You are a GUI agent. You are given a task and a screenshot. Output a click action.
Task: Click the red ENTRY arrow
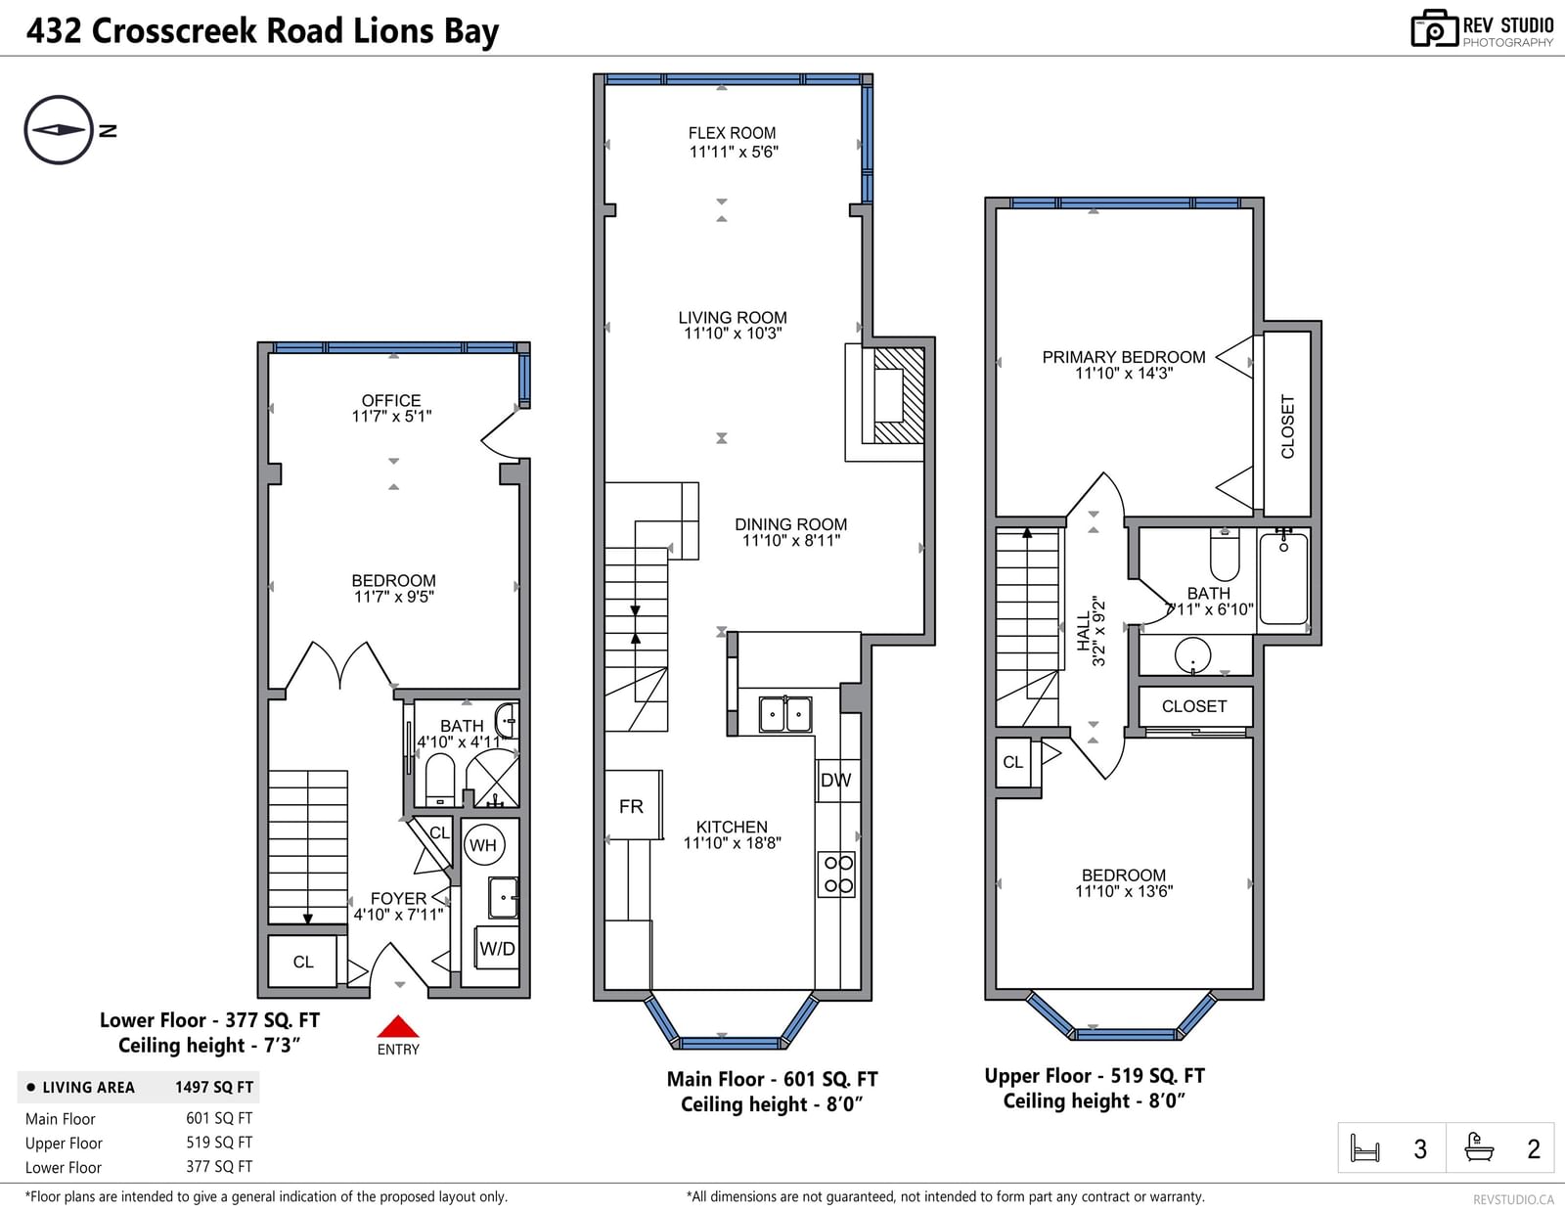coord(397,1026)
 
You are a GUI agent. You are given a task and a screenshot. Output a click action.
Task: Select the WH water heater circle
coord(484,845)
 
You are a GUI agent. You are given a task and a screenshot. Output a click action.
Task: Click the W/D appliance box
coord(497,948)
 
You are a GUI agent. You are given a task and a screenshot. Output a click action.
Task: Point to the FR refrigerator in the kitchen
coord(632,805)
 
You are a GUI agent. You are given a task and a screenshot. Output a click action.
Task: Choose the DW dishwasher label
coord(835,780)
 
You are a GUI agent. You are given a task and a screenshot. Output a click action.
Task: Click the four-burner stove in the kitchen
coord(837,874)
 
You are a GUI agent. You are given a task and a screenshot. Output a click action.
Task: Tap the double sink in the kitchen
coord(785,714)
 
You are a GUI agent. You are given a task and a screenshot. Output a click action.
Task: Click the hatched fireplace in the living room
coord(899,395)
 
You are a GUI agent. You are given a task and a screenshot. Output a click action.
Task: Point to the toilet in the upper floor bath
coord(1225,553)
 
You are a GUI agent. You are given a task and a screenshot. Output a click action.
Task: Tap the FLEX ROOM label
coord(732,133)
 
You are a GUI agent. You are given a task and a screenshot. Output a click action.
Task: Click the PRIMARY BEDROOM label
coord(1124,357)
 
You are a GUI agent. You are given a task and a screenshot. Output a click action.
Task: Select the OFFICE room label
coord(391,400)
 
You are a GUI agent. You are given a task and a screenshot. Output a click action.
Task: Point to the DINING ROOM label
coord(790,524)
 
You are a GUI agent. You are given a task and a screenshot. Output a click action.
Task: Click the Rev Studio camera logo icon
coord(1434,28)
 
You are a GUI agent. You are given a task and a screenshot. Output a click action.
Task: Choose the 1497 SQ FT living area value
coord(214,1088)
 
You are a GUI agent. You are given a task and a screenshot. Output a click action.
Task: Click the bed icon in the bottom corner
coord(1364,1147)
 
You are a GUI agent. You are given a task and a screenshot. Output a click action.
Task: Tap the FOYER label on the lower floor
coord(398,898)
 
